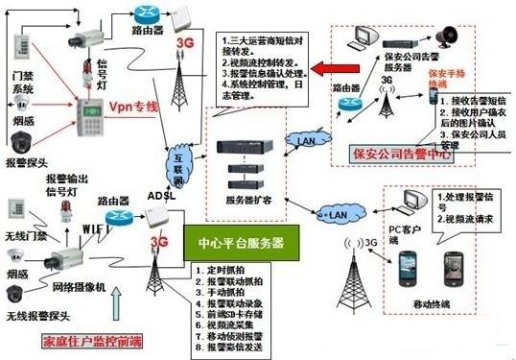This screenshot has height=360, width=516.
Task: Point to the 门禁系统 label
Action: pyautogui.click(x=21, y=84)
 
